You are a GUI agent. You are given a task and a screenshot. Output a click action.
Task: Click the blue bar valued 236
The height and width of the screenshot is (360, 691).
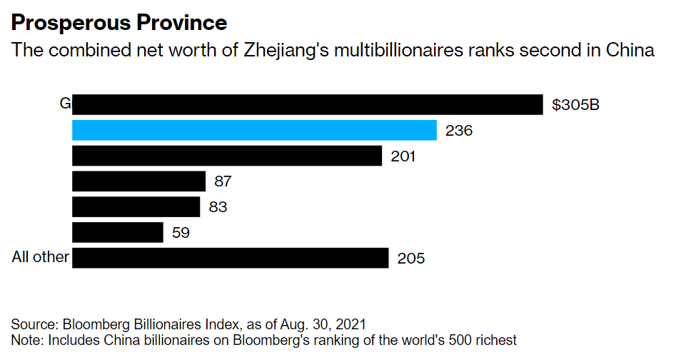point(254,130)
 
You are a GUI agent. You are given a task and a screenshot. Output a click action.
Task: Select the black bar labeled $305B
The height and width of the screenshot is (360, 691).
point(307,104)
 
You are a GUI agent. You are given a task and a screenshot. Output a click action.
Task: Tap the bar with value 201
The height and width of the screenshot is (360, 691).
point(227,156)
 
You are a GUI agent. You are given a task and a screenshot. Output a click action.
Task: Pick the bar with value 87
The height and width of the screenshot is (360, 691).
point(138,181)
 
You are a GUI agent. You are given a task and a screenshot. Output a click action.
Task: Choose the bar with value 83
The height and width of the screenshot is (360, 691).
point(136,207)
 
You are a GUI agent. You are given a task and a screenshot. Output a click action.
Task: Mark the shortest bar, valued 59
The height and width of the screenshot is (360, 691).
point(118,232)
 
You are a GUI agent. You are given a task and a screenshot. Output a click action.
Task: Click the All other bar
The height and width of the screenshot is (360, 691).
point(230,258)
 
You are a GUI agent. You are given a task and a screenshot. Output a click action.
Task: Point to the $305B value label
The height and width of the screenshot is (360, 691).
point(575,105)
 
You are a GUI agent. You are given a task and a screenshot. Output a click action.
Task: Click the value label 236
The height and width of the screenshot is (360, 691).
point(458,131)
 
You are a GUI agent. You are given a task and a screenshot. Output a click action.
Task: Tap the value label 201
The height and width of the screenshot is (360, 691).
point(403,156)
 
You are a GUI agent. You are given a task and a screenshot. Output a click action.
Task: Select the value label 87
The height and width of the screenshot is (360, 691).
point(223,182)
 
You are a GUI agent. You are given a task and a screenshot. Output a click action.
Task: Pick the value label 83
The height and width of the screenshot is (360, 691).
point(218,208)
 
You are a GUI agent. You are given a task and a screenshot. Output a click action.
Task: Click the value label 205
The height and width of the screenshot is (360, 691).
point(411,259)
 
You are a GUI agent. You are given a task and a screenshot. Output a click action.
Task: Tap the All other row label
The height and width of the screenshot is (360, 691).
point(40,257)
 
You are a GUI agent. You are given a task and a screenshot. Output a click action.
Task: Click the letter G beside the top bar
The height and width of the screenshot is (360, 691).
point(65,104)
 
